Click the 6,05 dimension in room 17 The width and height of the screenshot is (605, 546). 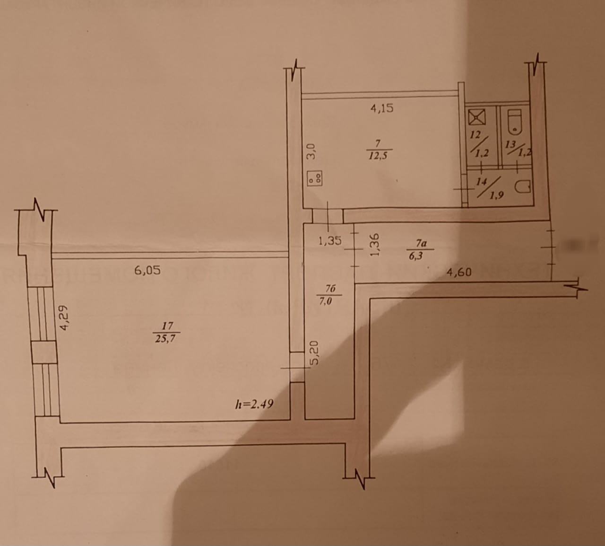click(x=147, y=270)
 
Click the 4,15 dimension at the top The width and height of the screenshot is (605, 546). click(x=382, y=108)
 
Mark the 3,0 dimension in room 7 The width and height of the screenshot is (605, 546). click(x=311, y=152)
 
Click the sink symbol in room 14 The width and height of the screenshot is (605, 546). click(x=524, y=187)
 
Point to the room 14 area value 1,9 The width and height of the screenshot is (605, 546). click(x=496, y=197)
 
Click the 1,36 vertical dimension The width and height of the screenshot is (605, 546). click(x=375, y=245)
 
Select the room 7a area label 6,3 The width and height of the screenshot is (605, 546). click(x=418, y=256)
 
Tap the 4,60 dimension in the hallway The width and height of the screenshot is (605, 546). click(x=460, y=273)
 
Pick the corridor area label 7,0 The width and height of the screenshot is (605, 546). click(x=327, y=300)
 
